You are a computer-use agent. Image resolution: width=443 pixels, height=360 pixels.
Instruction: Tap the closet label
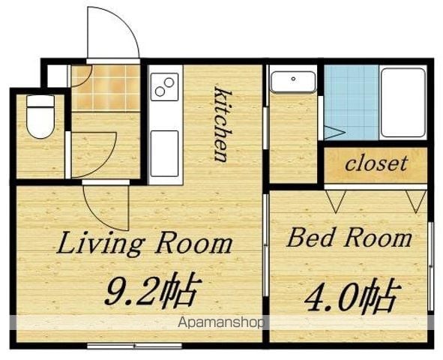point(376,163)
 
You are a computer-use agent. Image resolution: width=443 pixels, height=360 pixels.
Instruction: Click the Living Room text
point(145,242)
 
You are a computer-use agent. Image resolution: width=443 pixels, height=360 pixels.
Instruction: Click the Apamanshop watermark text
point(220,322)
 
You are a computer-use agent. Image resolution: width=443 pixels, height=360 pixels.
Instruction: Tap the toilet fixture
point(40,116)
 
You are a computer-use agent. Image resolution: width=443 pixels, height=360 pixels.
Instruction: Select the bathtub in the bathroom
point(403,103)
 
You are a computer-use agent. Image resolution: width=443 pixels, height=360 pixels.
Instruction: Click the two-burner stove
point(164,87)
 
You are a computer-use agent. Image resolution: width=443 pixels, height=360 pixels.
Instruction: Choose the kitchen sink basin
point(164,154)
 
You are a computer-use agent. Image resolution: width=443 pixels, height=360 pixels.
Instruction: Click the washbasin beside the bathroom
point(293,82)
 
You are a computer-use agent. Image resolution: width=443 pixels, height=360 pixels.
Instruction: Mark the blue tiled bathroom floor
point(351,102)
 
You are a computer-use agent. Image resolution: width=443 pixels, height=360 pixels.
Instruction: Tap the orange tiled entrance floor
point(106,87)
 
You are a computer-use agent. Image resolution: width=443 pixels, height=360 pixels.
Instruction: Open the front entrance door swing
point(113,33)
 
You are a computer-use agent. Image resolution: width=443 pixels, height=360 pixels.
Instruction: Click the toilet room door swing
point(93,154)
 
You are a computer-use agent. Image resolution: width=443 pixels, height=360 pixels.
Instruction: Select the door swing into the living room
point(106,208)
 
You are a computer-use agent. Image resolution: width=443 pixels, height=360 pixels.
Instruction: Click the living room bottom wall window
point(134,345)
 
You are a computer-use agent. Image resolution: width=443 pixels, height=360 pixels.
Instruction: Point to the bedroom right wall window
point(430,266)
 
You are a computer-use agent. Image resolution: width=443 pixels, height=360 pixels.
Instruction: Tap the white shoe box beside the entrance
point(58,76)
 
